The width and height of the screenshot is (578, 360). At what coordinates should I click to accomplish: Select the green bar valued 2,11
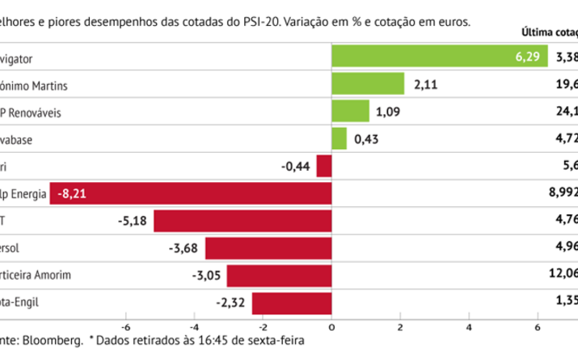[x=368, y=84]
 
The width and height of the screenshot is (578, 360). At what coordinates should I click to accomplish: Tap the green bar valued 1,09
[x=350, y=112]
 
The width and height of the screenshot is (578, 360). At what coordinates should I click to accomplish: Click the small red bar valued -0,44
[x=324, y=167]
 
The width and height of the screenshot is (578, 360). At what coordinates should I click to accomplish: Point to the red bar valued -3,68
[x=268, y=248]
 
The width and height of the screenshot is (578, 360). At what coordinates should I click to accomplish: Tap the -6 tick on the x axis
[x=125, y=327]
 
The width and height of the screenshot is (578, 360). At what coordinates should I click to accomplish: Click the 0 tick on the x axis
[x=331, y=327]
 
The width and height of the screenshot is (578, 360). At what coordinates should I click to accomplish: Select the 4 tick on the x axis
[x=469, y=327]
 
